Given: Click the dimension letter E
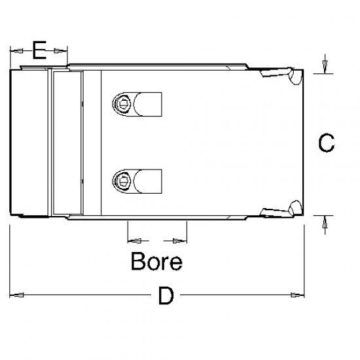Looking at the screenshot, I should tap(39, 50).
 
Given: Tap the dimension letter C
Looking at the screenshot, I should tap(326, 143).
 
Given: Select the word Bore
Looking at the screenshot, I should tap(156, 262).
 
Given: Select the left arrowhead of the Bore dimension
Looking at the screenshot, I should tap(135, 238).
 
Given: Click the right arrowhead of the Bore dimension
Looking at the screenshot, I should tap(180, 238).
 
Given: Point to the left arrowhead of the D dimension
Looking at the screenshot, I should tap(18, 295).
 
